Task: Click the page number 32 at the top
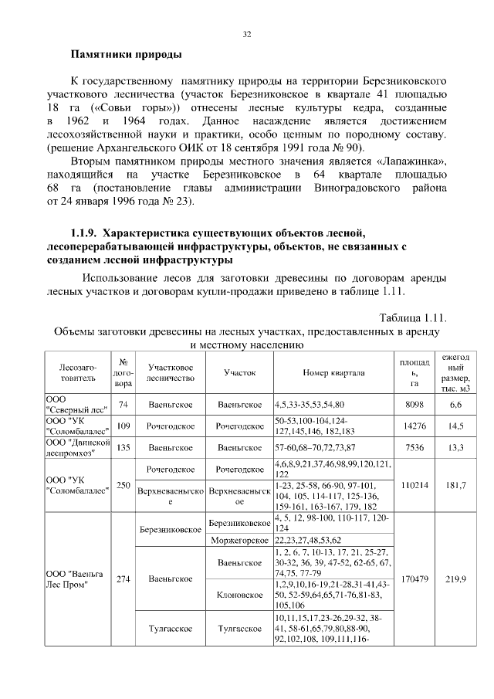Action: point(247,34)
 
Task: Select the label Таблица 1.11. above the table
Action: point(414,318)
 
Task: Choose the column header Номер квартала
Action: point(333,372)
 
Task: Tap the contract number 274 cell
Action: point(123,578)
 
